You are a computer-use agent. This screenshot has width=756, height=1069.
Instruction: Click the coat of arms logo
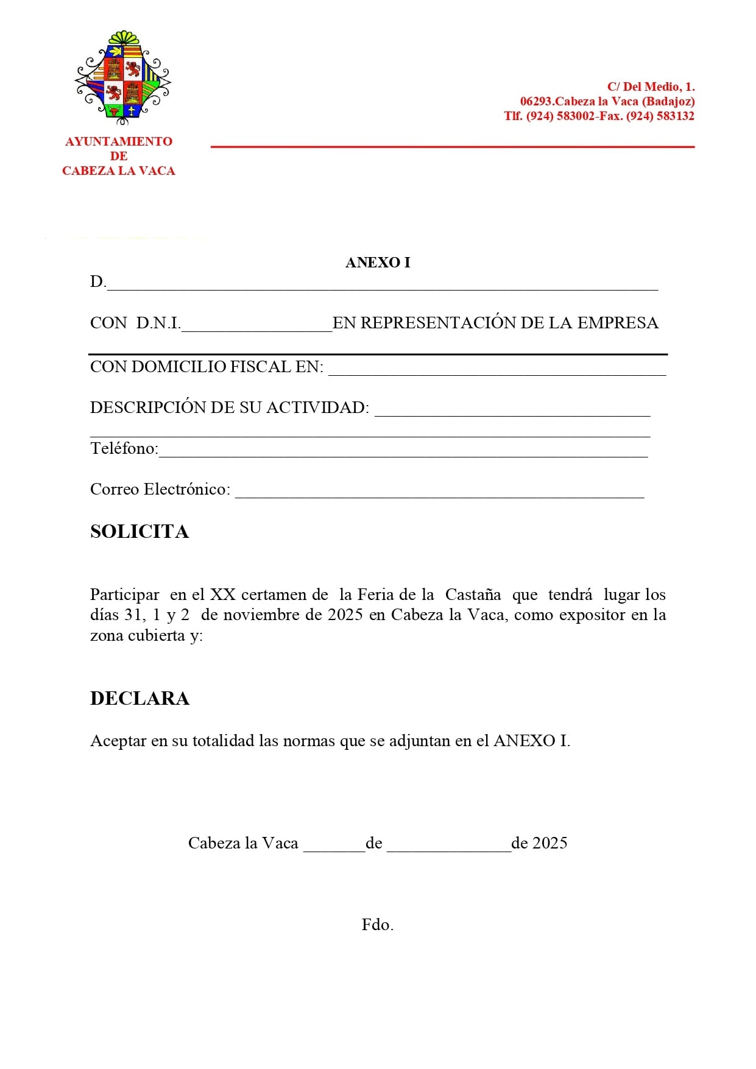point(122,76)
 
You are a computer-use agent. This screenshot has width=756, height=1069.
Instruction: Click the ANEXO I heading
point(378,263)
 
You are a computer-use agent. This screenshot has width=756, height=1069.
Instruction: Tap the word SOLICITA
point(140,532)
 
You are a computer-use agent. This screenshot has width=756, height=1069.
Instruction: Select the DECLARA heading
point(140,698)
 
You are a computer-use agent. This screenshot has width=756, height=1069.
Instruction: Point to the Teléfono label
point(124,449)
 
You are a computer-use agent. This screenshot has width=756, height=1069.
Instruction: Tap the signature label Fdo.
point(378,925)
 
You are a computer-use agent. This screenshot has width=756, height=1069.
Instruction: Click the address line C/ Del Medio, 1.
point(651,87)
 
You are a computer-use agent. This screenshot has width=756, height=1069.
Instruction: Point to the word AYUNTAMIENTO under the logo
point(119,141)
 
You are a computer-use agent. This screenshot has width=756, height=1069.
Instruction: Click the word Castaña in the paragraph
point(473,594)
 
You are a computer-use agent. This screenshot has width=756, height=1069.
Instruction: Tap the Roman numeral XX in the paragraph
point(222,594)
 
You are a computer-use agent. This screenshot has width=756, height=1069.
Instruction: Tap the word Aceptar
point(118,741)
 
